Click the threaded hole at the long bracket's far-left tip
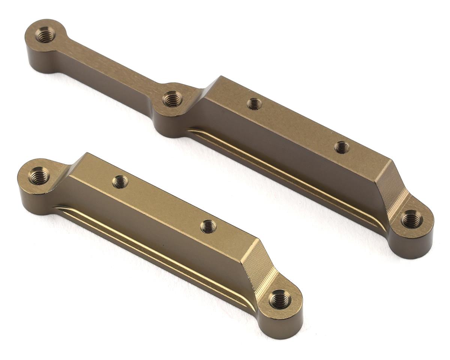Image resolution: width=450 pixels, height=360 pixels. (45, 34)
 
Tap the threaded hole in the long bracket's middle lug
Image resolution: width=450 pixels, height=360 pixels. (172, 99)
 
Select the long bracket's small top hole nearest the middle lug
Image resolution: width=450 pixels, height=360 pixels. (255, 103)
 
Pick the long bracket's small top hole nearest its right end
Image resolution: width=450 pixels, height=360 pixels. (342, 147)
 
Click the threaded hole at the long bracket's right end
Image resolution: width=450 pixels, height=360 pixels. (411, 219)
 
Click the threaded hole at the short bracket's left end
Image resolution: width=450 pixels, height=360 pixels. (39, 175)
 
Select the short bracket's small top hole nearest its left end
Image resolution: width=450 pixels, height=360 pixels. (120, 182)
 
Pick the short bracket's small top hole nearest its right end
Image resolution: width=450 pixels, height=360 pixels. (208, 226)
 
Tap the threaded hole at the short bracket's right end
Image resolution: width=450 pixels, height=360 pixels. (280, 299)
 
